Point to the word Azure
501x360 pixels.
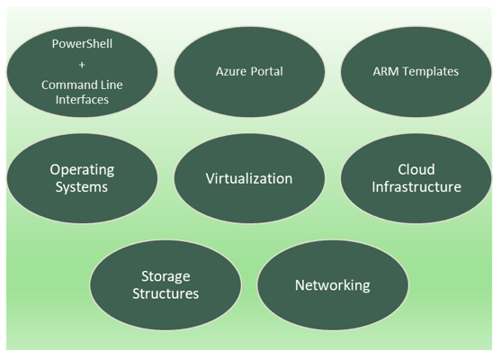[231, 71]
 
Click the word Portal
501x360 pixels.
[266, 71]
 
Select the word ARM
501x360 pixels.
[385, 71]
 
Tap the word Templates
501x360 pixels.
[429, 71]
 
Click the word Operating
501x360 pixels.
[82, 169]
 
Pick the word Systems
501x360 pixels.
[82, 187]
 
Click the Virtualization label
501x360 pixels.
[249, 178]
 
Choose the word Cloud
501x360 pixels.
[416, 169]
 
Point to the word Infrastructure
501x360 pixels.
[416, 187]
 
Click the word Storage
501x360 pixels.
[166, 276]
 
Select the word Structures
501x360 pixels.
[166, 293]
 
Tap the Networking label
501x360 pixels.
[332, 285]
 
